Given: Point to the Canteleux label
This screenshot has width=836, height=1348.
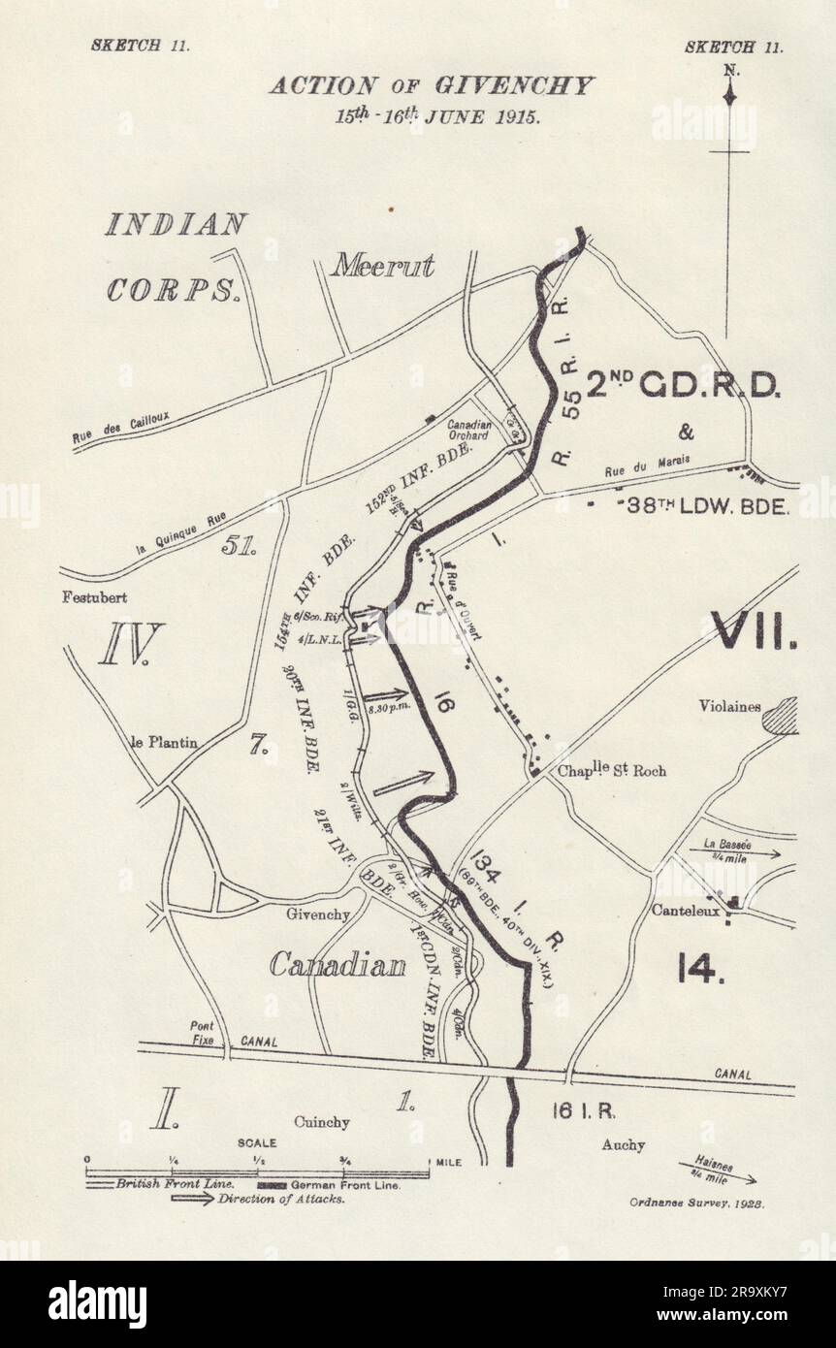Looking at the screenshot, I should [688, 911].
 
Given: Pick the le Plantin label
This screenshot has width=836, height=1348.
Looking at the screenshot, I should [165, 743].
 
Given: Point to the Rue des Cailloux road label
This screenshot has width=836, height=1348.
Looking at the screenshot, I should [120, 429].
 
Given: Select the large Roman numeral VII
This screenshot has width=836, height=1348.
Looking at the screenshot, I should [755, 630].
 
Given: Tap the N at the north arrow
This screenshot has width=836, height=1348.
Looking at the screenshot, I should [729, 70].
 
